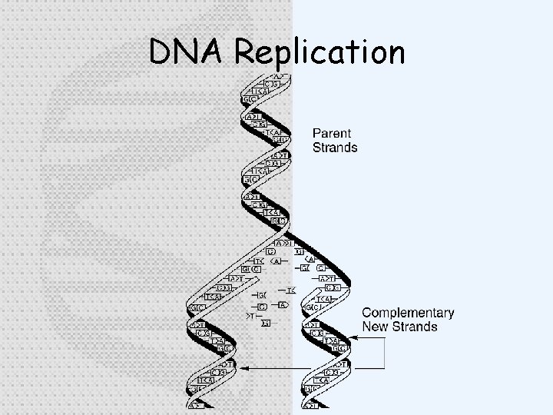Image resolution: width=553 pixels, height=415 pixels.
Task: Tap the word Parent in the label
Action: [x=332, y=134]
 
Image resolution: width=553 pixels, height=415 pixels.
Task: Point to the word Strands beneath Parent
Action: [x=335, y=148]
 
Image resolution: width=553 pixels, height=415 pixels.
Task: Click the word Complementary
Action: [x=408, y=313]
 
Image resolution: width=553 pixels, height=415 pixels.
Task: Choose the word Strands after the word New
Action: [x=415, y=327]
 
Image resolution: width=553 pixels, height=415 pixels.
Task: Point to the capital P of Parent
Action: [x=317, y=134]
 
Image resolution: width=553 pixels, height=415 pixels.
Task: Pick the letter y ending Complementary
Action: [x=450, y=315]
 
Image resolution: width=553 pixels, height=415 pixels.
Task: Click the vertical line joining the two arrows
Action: [x=383, y=356]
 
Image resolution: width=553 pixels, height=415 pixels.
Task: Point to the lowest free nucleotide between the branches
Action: [x=266, y=323]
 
